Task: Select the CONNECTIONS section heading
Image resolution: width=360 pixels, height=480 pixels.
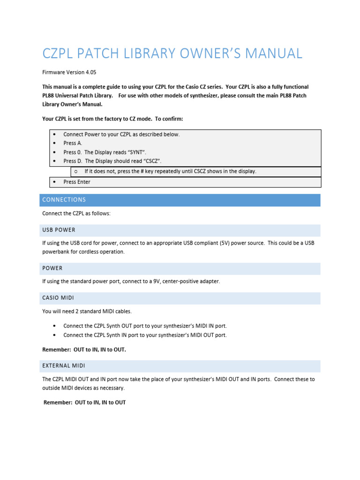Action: pos(64,200)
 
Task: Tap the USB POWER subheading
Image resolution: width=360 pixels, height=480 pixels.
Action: pos(59,230)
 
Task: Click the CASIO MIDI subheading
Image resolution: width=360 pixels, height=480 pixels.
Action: pos(58,298)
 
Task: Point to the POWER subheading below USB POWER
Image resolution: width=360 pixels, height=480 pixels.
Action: pos(52,268)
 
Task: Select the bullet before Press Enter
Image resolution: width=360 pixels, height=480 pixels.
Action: pos(55,182)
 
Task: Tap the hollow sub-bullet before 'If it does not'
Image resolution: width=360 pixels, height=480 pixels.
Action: pos(76,172)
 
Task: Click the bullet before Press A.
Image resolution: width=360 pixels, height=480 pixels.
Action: pos(55,143)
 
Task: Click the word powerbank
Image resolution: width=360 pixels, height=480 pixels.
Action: pos(56,252)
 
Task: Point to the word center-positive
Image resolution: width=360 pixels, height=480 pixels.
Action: pos(182,281)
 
